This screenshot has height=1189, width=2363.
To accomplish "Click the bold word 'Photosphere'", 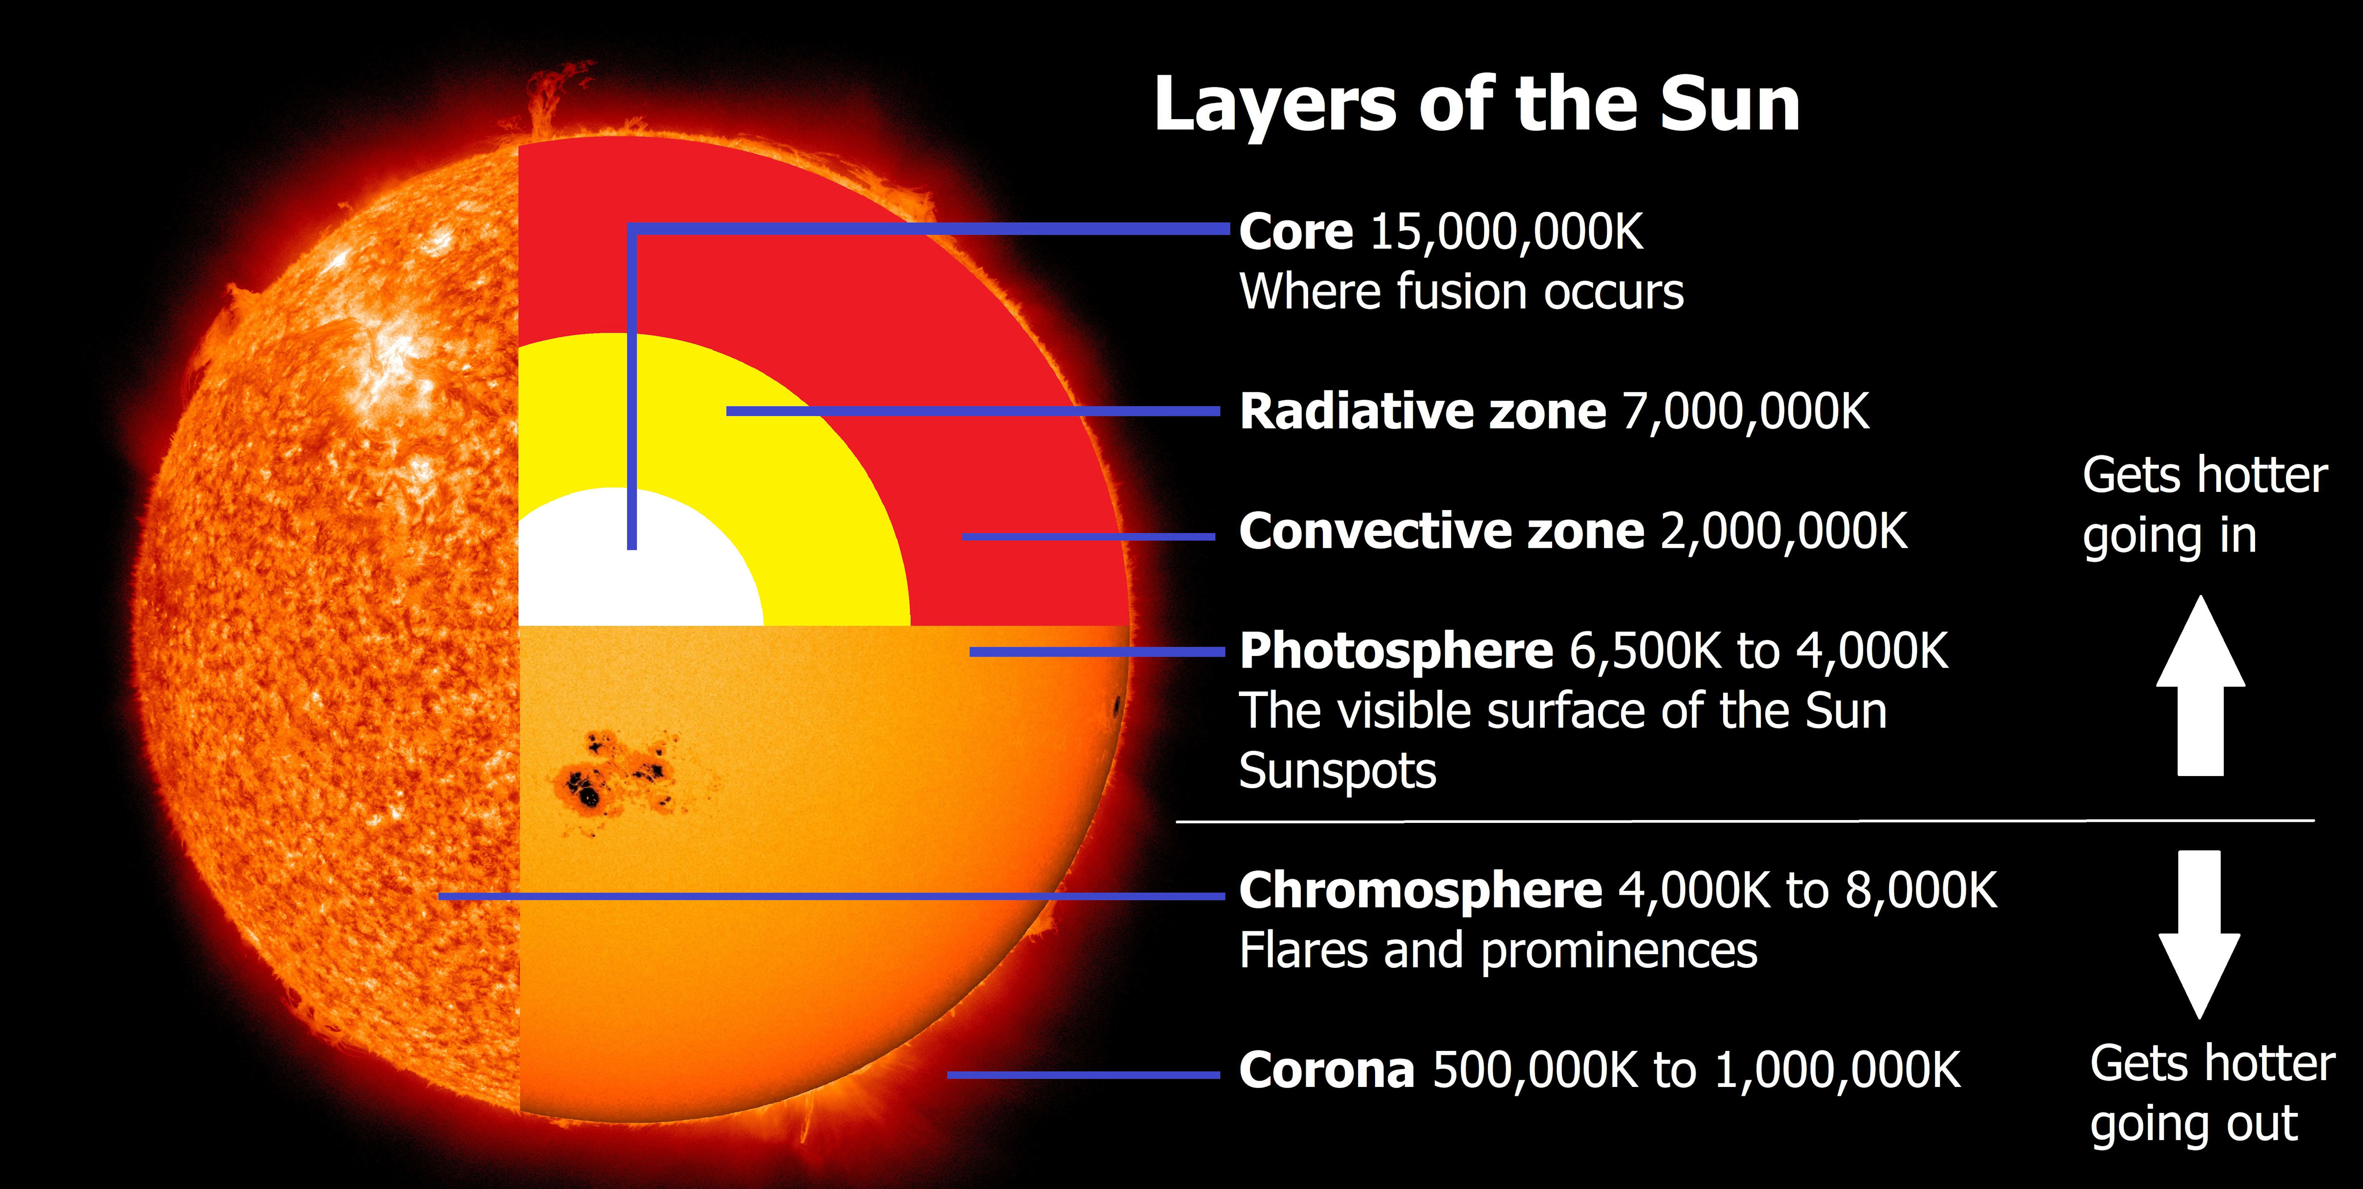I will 1395,652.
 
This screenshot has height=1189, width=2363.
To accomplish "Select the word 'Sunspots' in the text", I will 1336,771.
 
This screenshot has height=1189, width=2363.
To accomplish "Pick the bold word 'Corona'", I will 1326,1071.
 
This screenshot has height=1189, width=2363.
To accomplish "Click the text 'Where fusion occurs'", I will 1461,292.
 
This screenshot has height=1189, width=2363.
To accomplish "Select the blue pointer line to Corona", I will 1083,1074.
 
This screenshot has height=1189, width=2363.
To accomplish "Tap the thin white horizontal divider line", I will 1743,821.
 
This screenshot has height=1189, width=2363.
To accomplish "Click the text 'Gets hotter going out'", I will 2211,1094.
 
